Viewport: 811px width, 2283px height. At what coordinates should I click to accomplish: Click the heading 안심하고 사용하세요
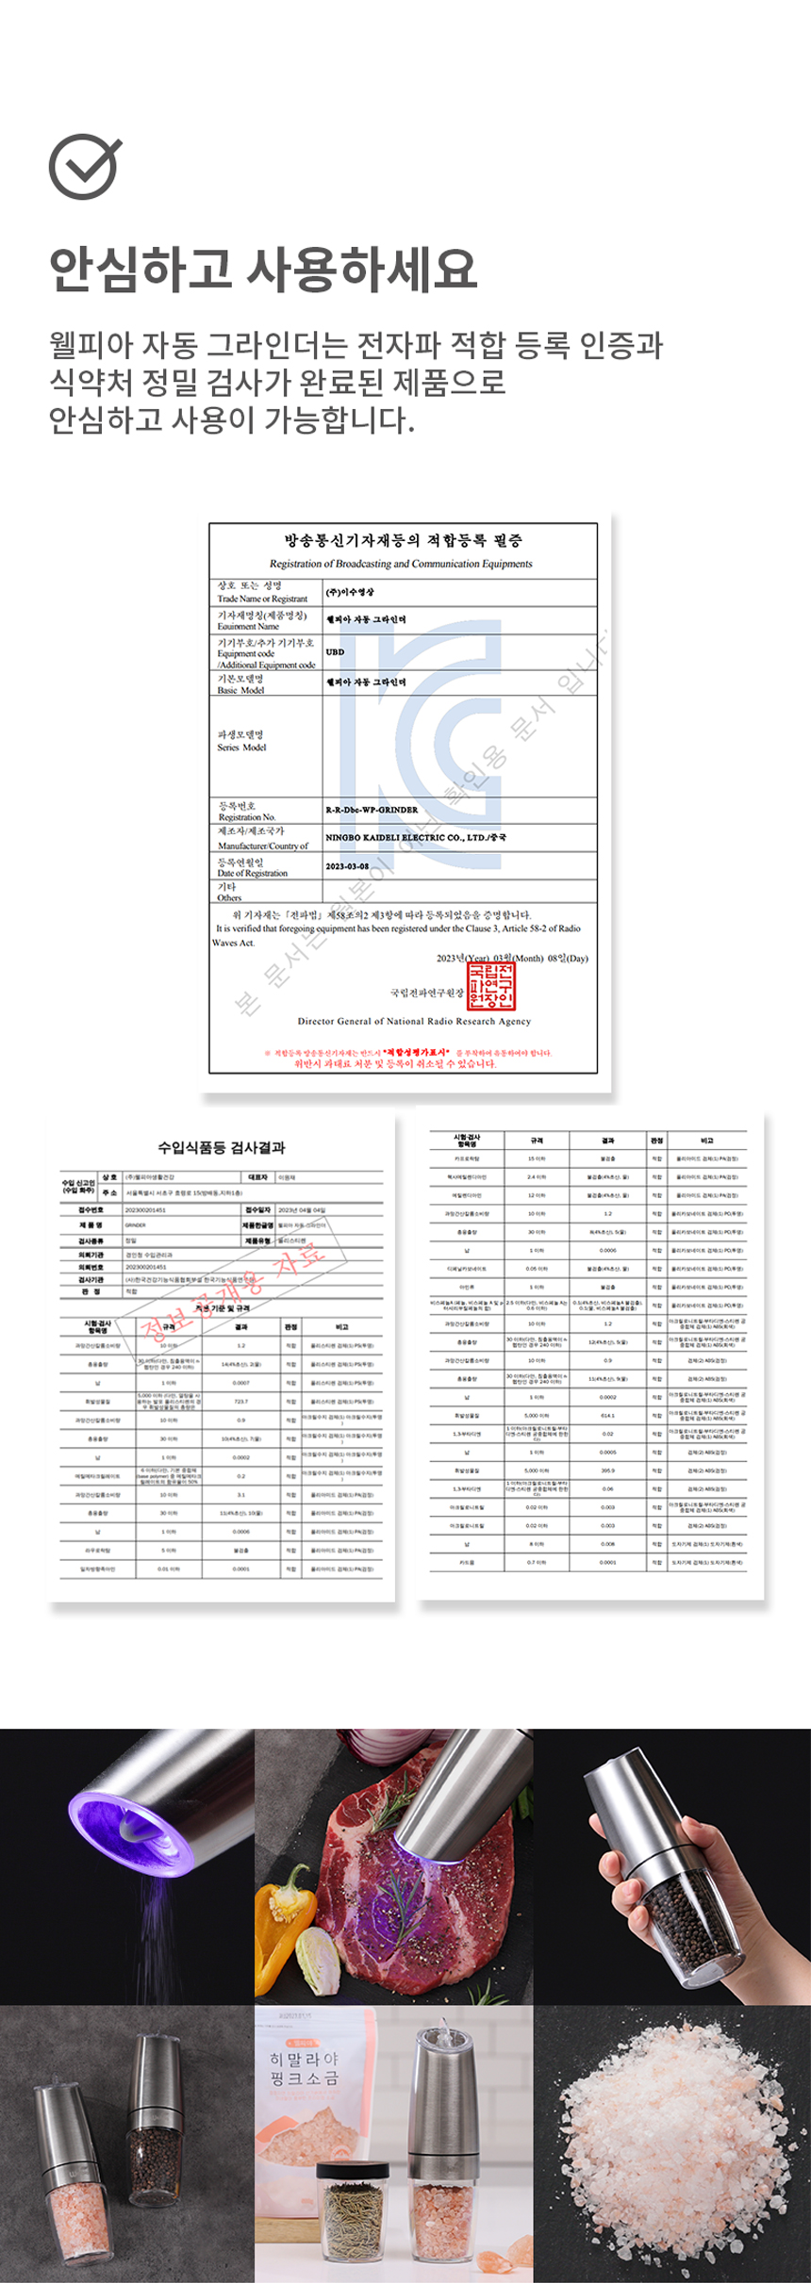point(263,269)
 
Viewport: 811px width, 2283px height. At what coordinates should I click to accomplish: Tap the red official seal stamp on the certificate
point(491,986)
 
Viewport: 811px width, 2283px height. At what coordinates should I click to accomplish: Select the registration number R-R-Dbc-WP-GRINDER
point(371,810)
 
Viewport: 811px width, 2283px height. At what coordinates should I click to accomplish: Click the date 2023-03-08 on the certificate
point(347,866)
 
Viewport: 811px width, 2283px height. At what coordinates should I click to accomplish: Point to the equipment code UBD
point(335,651)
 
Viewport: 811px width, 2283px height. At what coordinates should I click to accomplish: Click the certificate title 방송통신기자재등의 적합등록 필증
point(403,541)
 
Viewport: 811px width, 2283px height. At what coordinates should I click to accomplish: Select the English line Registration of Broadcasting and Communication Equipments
point(401,564)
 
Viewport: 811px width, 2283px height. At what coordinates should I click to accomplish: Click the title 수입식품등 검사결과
point(221,1147)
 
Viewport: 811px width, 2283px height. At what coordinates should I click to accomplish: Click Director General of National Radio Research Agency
point(414,1021)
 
